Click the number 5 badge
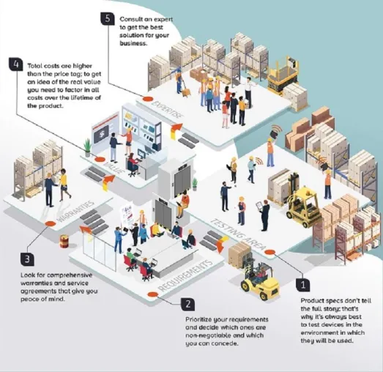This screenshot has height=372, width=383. tap(108, 18)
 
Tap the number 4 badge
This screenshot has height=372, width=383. tap(16, 64)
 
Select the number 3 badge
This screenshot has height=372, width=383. tap(27, 259)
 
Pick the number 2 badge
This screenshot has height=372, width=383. tap(187, 304)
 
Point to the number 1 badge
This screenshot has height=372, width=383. tap(303, 285)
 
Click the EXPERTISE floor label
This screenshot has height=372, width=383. tap(167, 109)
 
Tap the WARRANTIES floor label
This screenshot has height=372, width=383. tap(75, 212)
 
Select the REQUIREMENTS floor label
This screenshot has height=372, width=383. tap(185, 276)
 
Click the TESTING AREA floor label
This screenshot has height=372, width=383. tap(237, 235)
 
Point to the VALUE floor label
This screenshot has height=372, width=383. tap(113, 168)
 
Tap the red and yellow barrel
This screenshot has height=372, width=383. tap(64, 242)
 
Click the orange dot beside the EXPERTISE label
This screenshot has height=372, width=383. tap(148, 99)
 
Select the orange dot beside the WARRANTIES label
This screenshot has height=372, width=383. tap(51, 223)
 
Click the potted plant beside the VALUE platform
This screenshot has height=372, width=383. tap(87, 148)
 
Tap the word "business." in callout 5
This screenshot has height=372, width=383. tap(133, 43)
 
